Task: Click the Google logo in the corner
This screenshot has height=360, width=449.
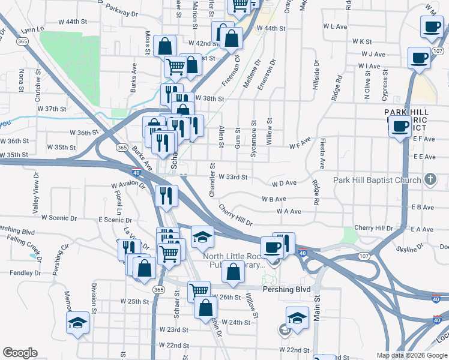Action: click(20, 352)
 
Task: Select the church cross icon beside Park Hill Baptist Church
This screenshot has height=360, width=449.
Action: click(430, 179)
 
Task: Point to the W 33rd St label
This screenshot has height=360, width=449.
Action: click(233, 177)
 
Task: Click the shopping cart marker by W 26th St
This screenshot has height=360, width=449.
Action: click(198, 290)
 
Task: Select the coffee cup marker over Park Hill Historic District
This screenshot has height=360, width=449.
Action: click(400, 126)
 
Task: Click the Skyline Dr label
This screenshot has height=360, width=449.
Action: click(410, 248)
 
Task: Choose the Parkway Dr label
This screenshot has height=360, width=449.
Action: click(121, 8)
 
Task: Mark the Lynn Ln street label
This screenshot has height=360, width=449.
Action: click(32, 29)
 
